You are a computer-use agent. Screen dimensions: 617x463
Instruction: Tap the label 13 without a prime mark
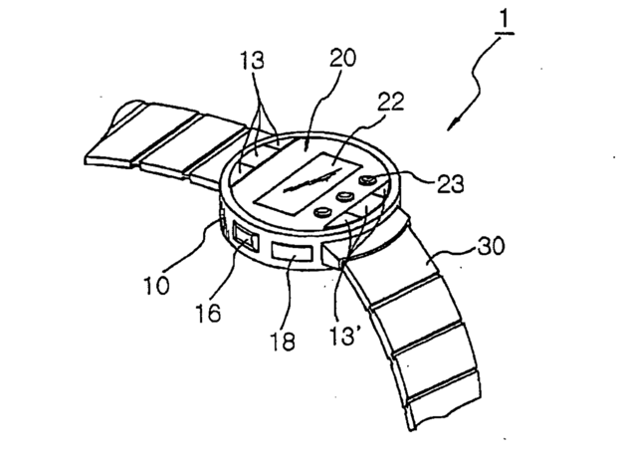coord(252,61)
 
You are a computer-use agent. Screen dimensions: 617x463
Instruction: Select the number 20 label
coord(342,58)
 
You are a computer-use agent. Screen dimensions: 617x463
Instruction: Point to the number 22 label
coord(391,102)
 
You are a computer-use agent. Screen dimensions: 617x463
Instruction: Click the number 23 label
coord(451,184)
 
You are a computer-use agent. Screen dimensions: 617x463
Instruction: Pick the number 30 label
coord(491,247)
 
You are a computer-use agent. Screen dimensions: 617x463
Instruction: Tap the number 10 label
coord(156,286)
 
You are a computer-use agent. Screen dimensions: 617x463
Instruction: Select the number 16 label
coord(208,314)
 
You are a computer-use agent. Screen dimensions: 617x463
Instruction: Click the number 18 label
coord(283,341)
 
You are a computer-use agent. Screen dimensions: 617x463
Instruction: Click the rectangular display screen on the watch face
coord(308,184)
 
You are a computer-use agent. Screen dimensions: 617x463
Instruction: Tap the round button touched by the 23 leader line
coord(368,180)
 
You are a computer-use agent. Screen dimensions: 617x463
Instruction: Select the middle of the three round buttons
coord(345,196)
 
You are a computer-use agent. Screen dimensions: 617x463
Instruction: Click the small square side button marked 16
coord(246,236)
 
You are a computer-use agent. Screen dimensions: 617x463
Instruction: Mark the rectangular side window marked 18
coord(292,252)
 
